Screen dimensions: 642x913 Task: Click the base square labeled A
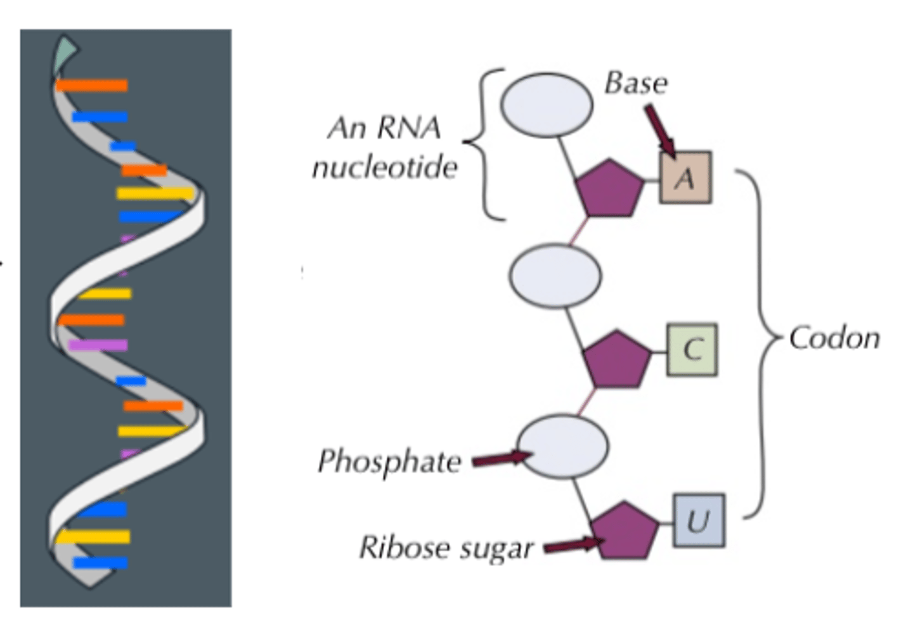pyautogui.click(x=685, y=177)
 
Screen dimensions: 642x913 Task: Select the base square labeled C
pyautogui.click(x=692, y=350)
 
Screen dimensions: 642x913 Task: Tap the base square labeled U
pyautogui.click(x=699, y=521)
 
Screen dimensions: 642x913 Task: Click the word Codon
pyautogui.click(x=834, y=338)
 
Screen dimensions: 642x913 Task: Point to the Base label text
pyautogui.click(x=635, y=83)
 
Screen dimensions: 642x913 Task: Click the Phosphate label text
pyautogui.click(x=389, y=461)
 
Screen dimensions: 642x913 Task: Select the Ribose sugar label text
pyautogui.click(x=446, y=548)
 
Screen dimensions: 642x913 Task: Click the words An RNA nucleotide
pyautogui.click(x=385, y=148)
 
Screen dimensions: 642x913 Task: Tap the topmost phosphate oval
pyautogui.click(x=547, y=105)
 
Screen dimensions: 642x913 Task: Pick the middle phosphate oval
pyautogui.click(x=555, y=276)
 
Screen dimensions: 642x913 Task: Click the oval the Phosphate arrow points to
pyautogui.click(x=563, y=447)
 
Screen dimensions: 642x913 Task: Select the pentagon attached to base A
pyautogui.click(x=609, y=189)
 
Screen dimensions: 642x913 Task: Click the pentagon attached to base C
pyautogui.click(x=616, y=359)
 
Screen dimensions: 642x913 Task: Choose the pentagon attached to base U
pyautogui.click(x=625, y=531)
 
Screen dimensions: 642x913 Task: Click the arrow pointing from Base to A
pyautogui.click(x=660, y=131)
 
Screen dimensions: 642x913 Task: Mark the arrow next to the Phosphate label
pyautogui.click(x=502, y=459)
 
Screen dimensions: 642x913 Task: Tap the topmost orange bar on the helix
pyautogui.click(x=92, y=85)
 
